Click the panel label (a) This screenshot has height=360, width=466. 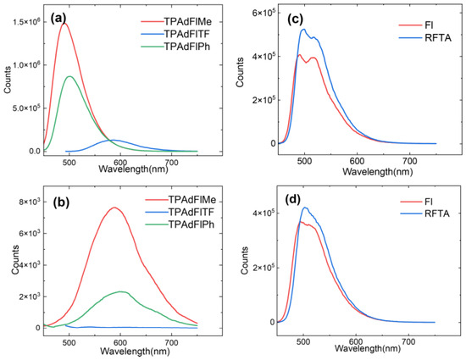(x=58, y=19)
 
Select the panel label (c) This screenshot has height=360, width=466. (x=295, y=19)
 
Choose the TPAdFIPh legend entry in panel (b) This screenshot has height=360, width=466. (x=180, y=224)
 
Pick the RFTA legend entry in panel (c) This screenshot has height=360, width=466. (x=425, y=38)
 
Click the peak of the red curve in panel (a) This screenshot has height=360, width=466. (x=64, y=24)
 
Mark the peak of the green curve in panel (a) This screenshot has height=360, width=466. (x=69, y=76)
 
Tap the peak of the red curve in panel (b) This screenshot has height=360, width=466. (x=114, y=208)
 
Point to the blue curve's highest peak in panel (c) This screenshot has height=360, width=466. (x=303, y=29)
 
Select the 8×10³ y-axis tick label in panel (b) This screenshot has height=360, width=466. (x=31, y=202)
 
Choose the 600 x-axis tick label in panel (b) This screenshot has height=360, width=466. (x=120, y=342)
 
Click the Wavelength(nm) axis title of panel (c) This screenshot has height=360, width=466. (x=377, y=171)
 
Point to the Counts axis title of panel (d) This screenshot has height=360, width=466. (x=245, y=261)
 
